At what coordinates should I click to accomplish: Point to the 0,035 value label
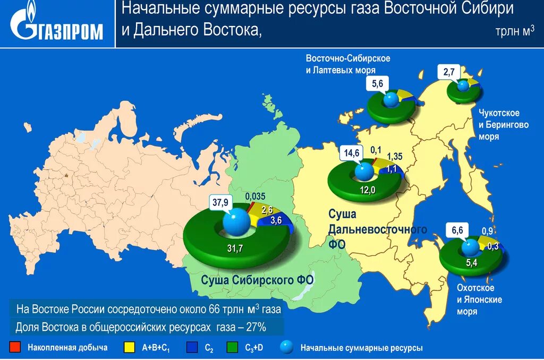coord(255,196)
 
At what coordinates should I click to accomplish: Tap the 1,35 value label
coord(395,156)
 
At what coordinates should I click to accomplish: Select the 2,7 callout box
coord(449,71)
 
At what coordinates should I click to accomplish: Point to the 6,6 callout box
coord(458,230)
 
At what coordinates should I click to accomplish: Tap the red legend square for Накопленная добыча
coord(15,347)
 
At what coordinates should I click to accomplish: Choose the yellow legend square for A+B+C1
coord(128,347)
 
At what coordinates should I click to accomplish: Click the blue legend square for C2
coord(192,347)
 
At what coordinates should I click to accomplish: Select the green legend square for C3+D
coord(232,347)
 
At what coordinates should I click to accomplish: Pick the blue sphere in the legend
coord(287,347)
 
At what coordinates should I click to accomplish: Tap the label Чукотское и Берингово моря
coord(499,125)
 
